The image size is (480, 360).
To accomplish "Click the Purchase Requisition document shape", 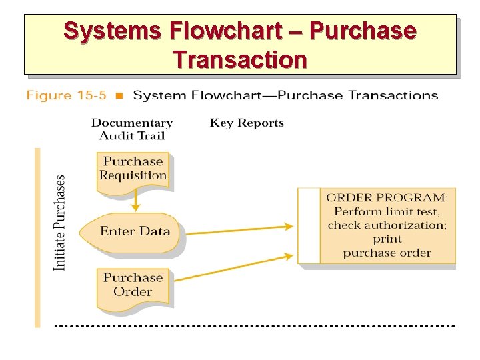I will (x=133, y=169).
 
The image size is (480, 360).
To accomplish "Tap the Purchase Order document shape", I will (x=133, y=285).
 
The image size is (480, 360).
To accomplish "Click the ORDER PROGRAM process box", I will (x=377, y=225).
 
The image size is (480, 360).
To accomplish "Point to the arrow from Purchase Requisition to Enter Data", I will (x=135, y=200).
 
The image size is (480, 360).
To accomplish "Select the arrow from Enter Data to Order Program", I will (x=240, y=230).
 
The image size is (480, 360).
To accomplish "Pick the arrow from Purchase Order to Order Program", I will (x=233, y=267).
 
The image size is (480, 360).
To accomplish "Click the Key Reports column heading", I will (x=247, y=123).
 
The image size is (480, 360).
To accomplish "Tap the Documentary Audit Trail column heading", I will (x=132, y=129).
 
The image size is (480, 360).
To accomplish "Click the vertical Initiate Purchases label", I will (x=60, y=223).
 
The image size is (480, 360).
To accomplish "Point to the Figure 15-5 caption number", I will (x=67, y=95).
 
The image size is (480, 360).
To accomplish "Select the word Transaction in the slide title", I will (x=240, y=60).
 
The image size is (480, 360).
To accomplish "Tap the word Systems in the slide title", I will (x=113, y=31).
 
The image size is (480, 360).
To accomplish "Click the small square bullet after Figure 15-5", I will (x=119, y=96).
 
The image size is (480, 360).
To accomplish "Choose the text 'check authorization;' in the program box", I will (x=387, y=225).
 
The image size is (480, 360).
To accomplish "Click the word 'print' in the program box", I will (x=387, y=239).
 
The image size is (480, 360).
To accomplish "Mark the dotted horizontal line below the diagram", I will (x=253, y=326).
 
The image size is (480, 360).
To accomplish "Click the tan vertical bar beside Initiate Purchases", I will (x=37, y=237).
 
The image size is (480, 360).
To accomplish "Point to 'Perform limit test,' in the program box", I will (x=387, y=211).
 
